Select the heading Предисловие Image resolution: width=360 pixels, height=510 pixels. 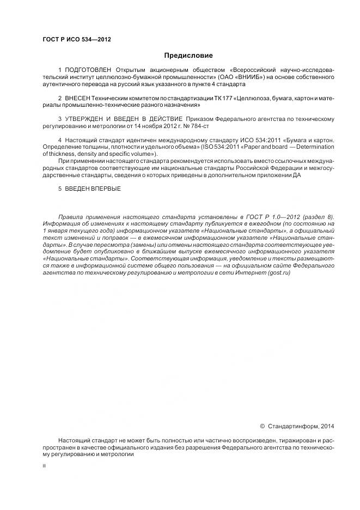tap(188, 56)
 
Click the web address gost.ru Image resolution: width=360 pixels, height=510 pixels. tap(278, 273)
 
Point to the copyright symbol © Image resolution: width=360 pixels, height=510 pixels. tap(262, 426)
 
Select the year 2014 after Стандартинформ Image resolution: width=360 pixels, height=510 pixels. tap(327, 426)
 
